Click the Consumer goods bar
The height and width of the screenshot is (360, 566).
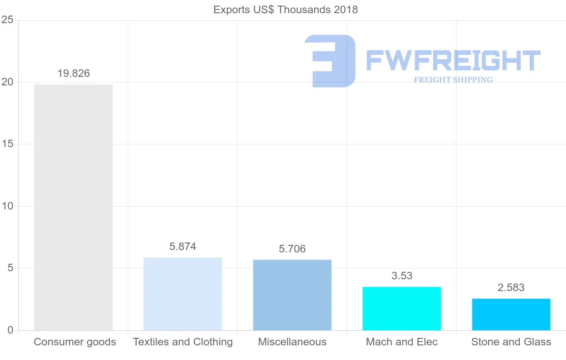73,208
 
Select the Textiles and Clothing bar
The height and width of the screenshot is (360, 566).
183,294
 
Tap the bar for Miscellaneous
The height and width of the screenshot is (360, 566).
292,295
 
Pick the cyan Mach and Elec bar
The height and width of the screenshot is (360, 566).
401,309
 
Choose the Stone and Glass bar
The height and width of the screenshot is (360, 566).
511,314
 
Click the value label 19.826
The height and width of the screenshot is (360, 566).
74,74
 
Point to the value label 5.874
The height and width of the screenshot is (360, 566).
183,247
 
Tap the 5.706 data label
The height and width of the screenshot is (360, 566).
292,249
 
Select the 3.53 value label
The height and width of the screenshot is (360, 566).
402,276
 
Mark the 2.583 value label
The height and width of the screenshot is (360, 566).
511,288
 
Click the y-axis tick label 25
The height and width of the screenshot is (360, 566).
7,20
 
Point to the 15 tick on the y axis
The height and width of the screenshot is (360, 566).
7,144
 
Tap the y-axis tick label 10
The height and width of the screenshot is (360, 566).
7,206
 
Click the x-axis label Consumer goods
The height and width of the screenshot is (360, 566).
75,342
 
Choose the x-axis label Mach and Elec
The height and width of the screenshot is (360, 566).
402,342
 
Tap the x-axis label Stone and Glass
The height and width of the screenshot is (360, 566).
511,342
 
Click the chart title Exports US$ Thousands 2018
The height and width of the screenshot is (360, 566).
285,9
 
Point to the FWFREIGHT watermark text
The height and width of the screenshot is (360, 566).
453,60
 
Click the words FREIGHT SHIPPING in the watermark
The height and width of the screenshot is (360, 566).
453,80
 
